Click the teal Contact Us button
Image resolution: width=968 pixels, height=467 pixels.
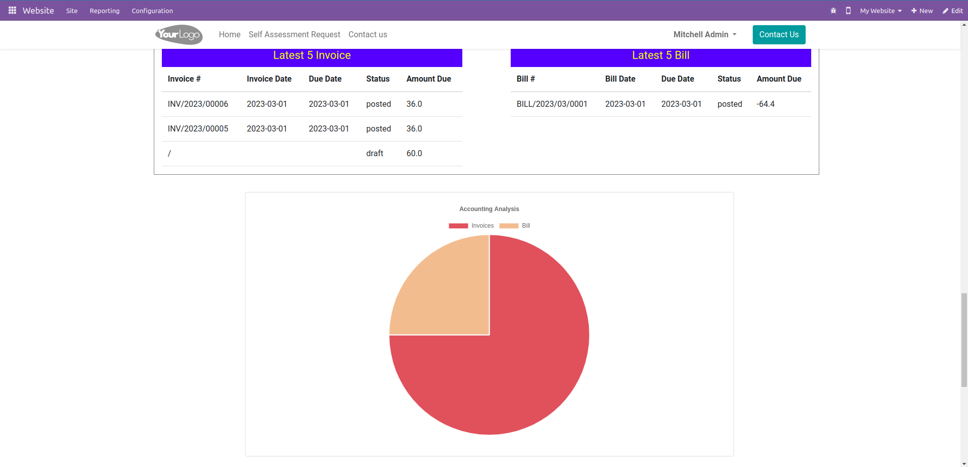click(x=778, y=35)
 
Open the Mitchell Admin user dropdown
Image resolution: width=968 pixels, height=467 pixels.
click(x=704, y=35)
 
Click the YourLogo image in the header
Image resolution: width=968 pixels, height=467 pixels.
click(x=179, y=35)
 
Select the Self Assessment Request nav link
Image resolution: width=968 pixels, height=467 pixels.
click(x=294, y=35)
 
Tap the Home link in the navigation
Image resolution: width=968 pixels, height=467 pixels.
click(x=229, y=35)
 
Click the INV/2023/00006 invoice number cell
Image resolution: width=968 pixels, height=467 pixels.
click(x=198, y=104)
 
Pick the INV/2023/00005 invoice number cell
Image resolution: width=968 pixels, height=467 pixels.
click(x=198, y=129)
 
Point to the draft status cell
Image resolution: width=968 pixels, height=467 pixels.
click(x=375, y=154)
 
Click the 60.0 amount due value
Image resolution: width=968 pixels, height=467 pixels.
click(x=414, y=154)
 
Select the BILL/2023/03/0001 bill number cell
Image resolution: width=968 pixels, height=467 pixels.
click(x=552, y=104)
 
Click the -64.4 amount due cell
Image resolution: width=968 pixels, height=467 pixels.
click(x=765, y=104)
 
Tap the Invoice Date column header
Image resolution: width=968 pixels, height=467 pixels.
click(x=269, y=79)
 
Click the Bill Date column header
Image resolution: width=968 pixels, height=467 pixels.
click(x=620, y=79)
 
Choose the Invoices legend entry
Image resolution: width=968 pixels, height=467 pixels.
click(x=471, y=226)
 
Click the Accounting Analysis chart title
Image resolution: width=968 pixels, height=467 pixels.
click(x=489, y=209)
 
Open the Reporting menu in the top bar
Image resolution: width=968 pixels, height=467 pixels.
click(x=104, y=11)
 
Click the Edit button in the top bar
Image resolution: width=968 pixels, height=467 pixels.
click(x=952, y=11)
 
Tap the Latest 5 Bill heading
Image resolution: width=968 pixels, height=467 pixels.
click(x=660, y=55)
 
